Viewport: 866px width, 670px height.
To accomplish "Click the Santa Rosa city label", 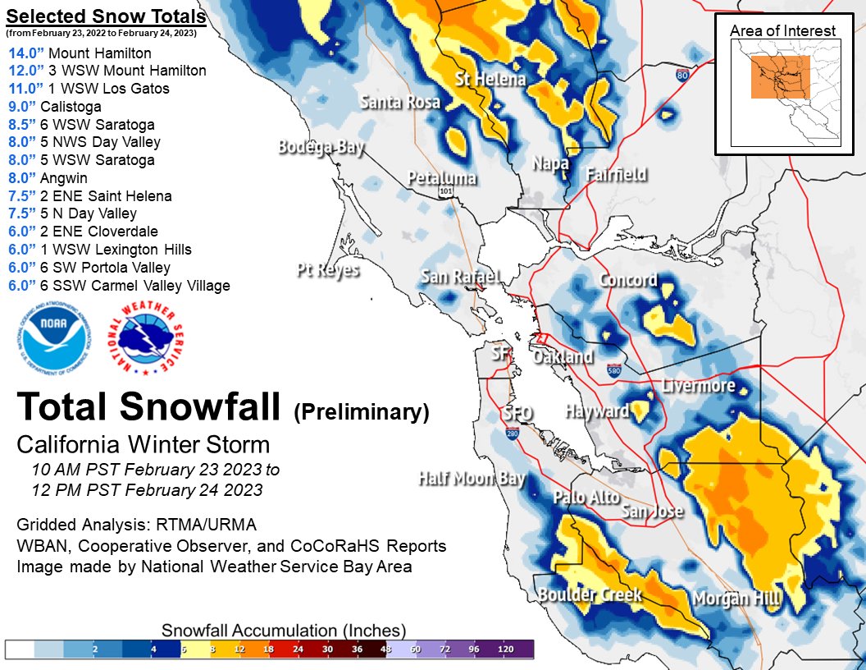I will pyautogui.click(x=399, y=102).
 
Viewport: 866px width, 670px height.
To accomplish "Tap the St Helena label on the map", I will pyautogui.click(x=490, y=80).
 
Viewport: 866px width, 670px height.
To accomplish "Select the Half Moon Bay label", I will pyautogui.click(x=472, y=479).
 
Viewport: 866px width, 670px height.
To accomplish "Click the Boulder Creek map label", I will pyautogui.click(x=590, y=594).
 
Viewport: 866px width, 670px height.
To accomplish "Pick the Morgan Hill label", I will pyautogui.click(x=736, y=599).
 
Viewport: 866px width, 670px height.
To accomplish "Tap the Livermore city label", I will pyautogui.click(x=699, y=386).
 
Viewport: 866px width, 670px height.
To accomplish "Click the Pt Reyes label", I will pyautogui.click(x=328, y=269).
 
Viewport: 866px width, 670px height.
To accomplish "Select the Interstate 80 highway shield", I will pyautogui.click(x=682, y=75).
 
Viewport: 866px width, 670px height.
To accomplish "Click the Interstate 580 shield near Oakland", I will pyautogui.click(x=614, y=370).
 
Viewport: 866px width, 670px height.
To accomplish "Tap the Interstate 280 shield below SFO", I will pyautogui.click(x=512, y=432).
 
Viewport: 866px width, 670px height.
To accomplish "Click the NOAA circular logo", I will pyautogui.click(x=51, y=341).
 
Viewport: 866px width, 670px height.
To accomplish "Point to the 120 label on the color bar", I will pyautogui.click(x=506, y=649).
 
